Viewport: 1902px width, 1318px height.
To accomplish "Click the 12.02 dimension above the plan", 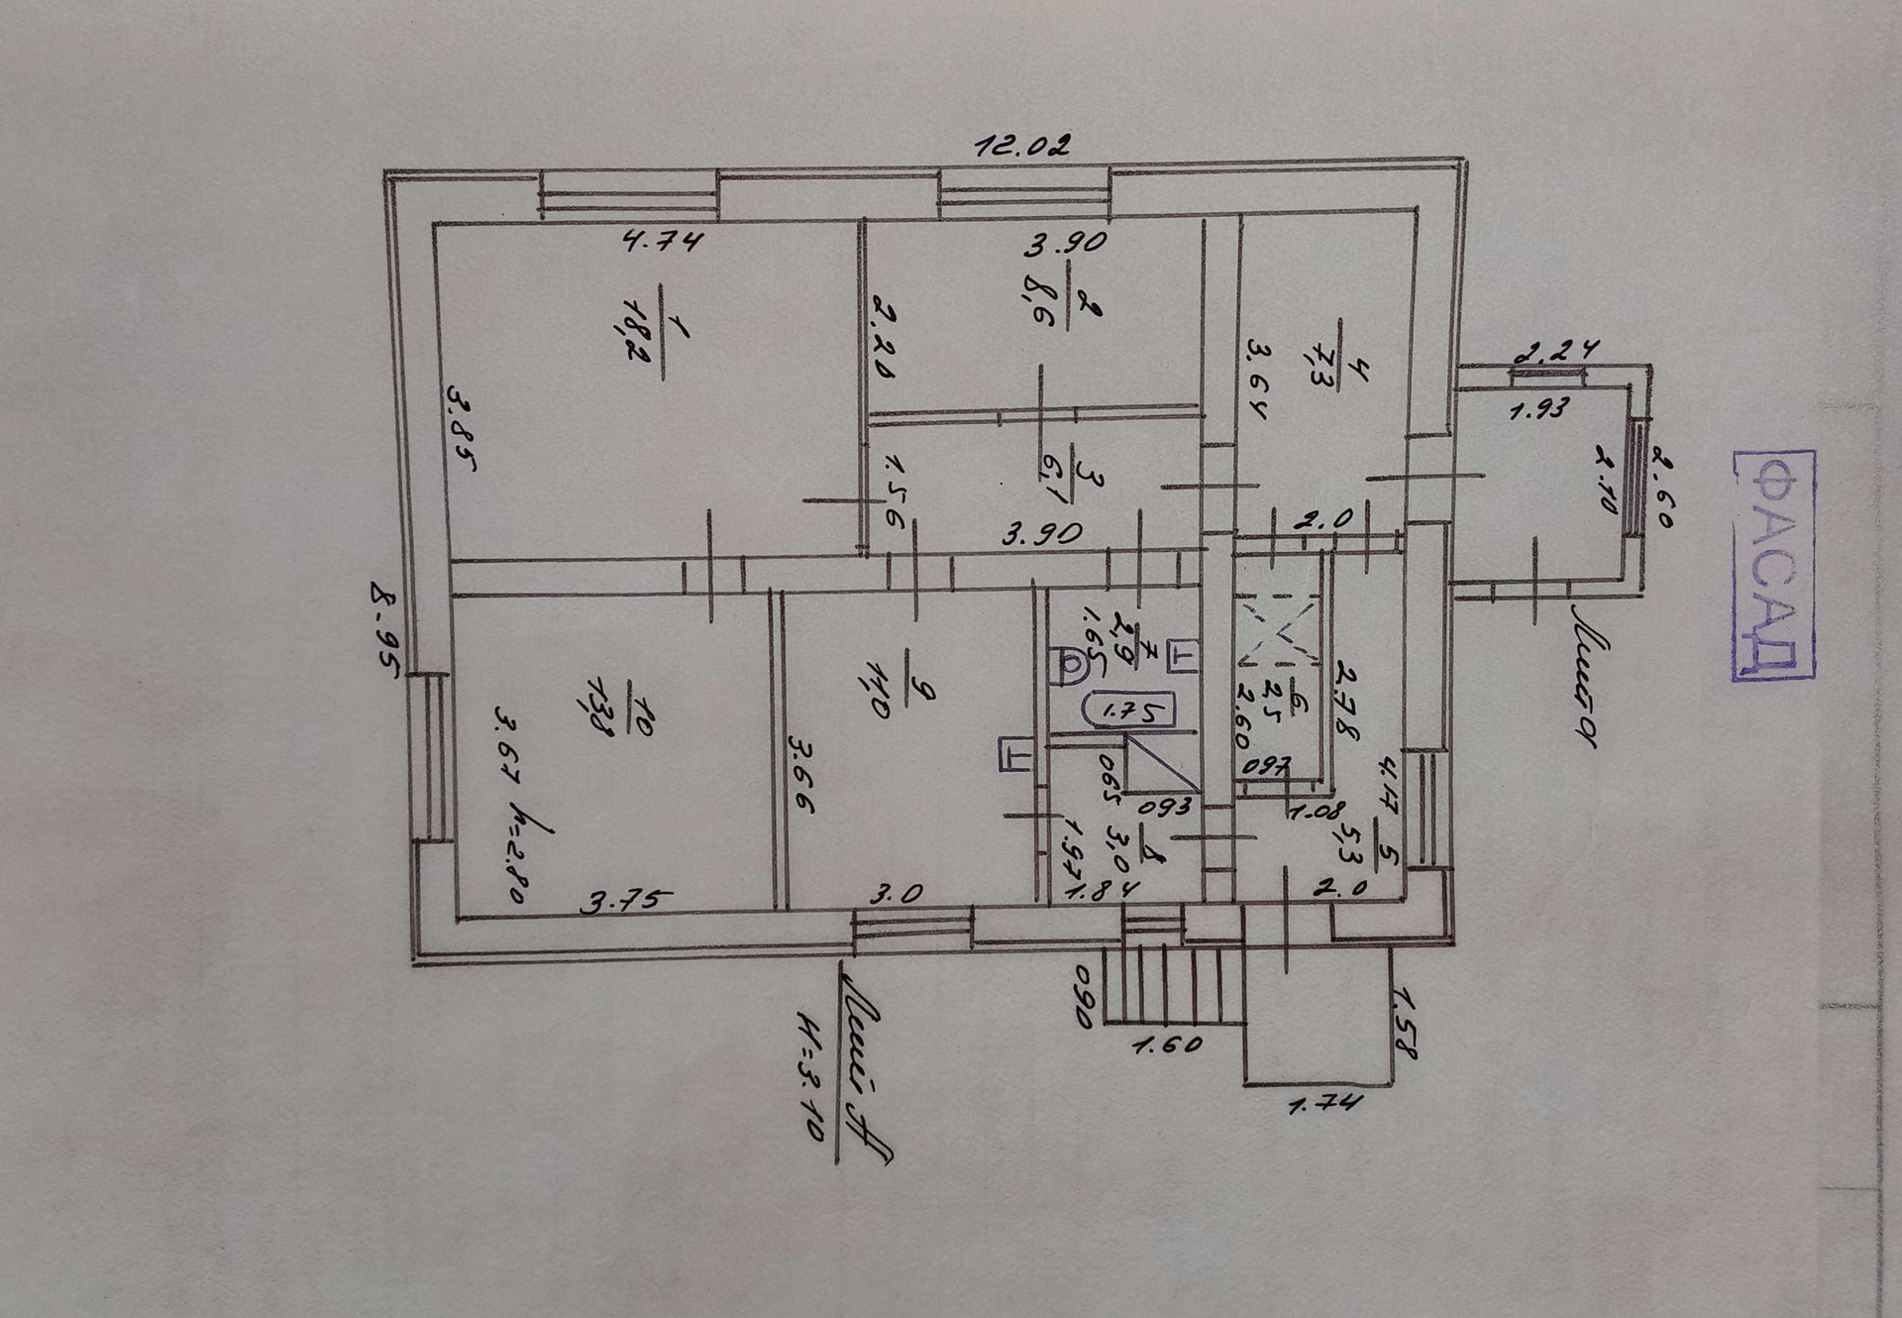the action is point(1022,148).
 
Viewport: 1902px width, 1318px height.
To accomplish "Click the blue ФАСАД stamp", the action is point(1774,565).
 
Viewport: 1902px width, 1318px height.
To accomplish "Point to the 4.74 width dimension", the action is point(663,240).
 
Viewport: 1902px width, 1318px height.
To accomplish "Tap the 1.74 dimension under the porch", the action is point(1325,1101).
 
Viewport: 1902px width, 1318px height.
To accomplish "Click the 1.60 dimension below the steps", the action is point(1167,1044).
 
